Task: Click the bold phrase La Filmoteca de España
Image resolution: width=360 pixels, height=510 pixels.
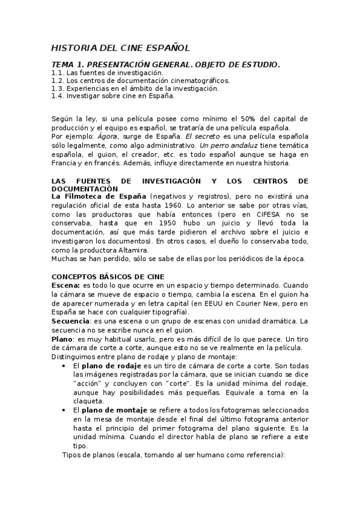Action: tap(99, 196)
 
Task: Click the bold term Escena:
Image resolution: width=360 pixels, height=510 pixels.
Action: tap(66, 284)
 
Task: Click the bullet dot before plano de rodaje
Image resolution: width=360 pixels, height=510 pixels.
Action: tap(64, 365)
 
